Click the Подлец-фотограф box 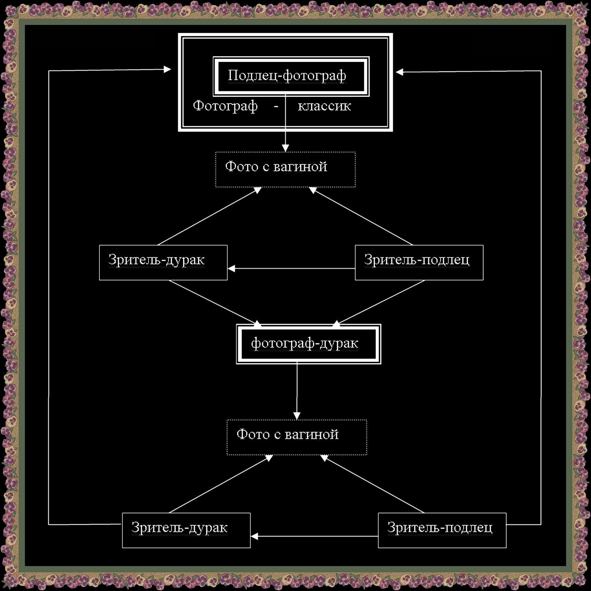click(x=291, y=76)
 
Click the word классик click(x=324, y=106)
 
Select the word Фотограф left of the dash click(x=225, y=106)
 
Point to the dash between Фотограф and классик click(x=276, y=107)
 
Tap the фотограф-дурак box click(x=308, y=344)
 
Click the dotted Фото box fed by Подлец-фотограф click(x=285, y=169)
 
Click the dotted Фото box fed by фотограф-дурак click(x=296, y=437)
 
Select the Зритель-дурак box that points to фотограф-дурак click(x=163, y=262)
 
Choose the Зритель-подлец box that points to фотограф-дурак click(x=419, y=262)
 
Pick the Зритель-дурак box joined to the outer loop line click(x=186, y=530)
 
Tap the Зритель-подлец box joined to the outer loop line click(x=442, y=530)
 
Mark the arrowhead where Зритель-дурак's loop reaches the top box click(x=167, y=69)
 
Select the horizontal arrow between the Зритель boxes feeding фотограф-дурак click(x=291, y=269)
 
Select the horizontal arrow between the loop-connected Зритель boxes click(x=314, y=537)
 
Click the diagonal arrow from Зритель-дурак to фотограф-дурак click(x=212, y=302)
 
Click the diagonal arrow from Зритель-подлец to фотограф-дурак click(x=381, y=302)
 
